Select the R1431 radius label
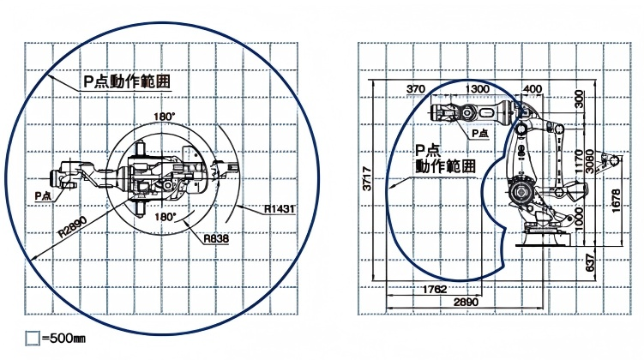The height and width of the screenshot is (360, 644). point(280,209)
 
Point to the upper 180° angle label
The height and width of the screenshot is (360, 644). point(165,116)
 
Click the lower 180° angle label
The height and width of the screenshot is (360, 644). point(165,218)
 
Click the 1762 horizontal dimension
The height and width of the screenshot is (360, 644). point(435,290)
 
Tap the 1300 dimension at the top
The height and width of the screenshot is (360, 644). point(478,89)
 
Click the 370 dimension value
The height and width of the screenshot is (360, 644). point(415,89)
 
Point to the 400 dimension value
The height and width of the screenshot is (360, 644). point(532,89)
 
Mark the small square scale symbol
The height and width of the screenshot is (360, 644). point(32,339)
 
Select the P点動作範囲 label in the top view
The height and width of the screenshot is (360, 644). point(126,81)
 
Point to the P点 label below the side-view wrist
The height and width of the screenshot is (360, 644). point(479,133)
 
